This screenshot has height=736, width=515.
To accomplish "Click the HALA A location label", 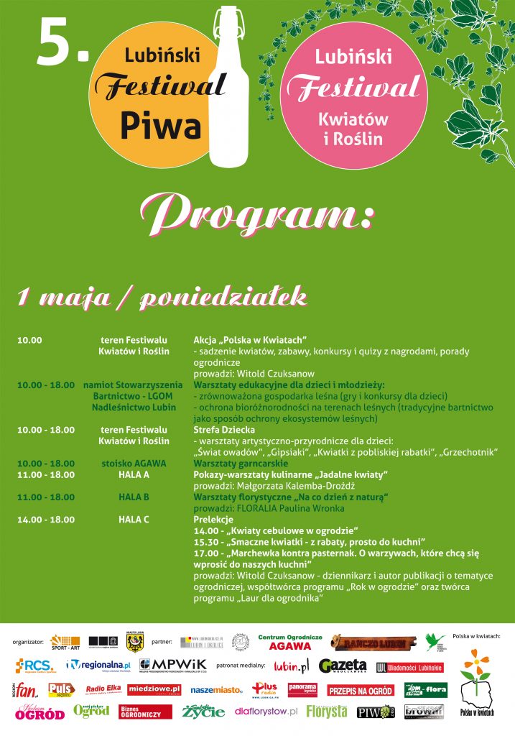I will coord(134,475).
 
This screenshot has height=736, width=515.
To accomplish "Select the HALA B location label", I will coord(134,497).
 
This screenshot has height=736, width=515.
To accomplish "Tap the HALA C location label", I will coord(134,519).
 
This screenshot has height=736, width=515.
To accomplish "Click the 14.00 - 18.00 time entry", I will coord(46,519).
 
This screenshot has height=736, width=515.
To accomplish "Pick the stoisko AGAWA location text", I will coord(134,464).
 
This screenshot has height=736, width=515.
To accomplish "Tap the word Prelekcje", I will coord(213,519).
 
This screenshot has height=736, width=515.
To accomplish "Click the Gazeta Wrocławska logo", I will coord(343,666).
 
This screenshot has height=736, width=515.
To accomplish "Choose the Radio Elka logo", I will coord(103,690).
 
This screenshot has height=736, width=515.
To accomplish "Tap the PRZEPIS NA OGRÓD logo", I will coord(361,691).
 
